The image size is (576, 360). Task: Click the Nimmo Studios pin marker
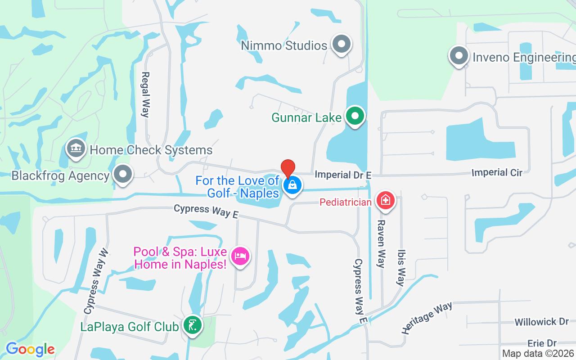click(x=341, y=45)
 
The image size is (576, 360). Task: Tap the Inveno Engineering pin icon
click(x=459, y=57)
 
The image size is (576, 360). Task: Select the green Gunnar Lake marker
click(x=355, y=116)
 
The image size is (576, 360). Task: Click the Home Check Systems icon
click(x=76, y=148)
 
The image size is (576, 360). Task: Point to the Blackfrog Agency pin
click(x=122, y=175)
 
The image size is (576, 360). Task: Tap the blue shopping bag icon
click(x=292, y=185)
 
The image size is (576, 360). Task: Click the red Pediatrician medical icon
click(x=385, y=201)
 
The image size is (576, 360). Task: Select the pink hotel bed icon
click(x=240, y=256)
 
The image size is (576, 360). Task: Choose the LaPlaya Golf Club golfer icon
click(x=193, y=325)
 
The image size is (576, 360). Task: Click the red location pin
click(x=288, y=168)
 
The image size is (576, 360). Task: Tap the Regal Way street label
click(x=145, y=94)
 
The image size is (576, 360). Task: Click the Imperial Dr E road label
click(x=337, y=174)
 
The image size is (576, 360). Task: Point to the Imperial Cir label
click(x=497, y=172)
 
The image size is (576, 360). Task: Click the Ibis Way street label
click(x=400, y=268)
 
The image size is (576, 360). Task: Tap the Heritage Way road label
click(x=427, y=318)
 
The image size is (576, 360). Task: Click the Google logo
click(x=30, y=349)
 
